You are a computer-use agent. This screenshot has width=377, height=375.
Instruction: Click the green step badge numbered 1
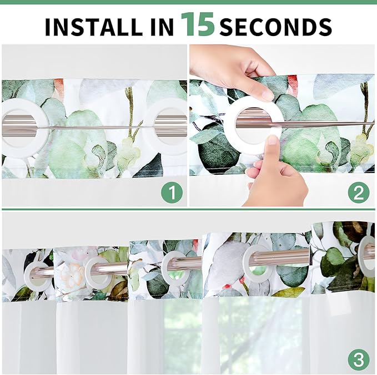(x=172, y=193)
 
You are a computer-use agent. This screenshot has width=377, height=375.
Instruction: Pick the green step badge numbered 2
(x=359, y=193)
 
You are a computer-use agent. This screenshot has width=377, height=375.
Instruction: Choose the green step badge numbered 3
(x=359, y=359)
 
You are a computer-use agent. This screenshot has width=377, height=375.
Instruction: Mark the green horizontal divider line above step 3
(x=188, y=210)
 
